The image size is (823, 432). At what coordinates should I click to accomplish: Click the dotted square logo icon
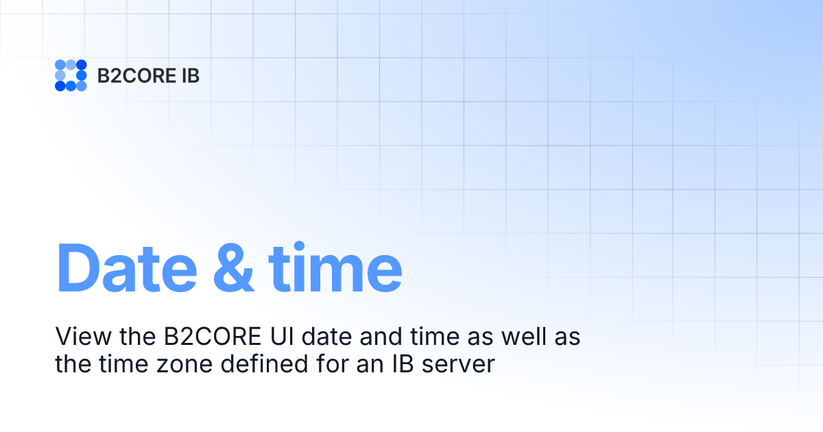(x=71, y=75)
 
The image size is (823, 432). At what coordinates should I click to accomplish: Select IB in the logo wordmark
(x=190, y=75)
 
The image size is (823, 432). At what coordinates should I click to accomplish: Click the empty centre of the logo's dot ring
(x=71, y=75)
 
